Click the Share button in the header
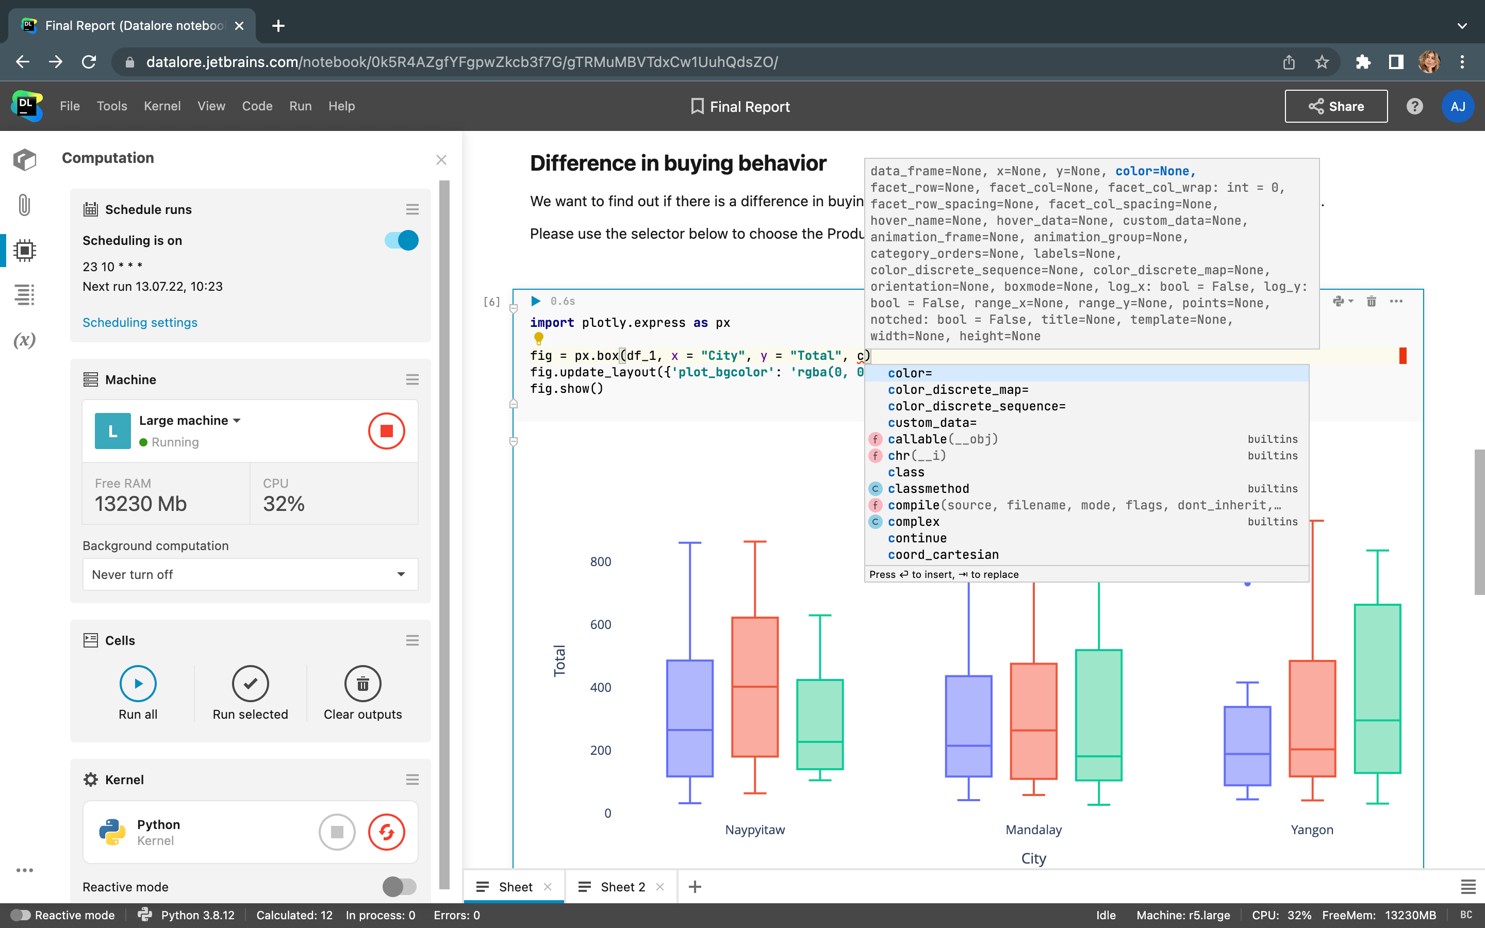coord(1335,106)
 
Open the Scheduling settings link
coord(140,322)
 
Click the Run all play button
coord(138,683)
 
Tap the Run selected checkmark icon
coord(251,683)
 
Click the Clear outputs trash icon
coord(362,683)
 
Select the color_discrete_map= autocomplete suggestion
coord(958,390)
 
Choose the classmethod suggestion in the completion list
coord(929,489)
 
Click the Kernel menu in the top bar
coord(162,106)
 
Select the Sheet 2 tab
coord(622,887)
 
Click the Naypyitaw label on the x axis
coord(755,830)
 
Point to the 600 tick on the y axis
coord(600,625)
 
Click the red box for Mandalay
coord(1033,721)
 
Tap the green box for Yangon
coord(1377,687)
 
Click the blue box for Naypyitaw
coord(690,718)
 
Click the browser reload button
coord(89,62)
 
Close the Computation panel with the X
coord(441,160)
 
